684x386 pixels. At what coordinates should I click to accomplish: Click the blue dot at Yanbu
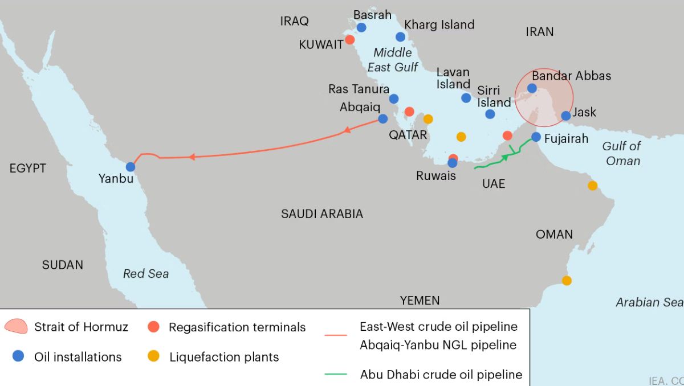(x=131, y=167)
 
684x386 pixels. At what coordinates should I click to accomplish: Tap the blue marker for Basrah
(x=361, y=27)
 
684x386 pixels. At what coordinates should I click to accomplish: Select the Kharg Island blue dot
(x=400, y=37)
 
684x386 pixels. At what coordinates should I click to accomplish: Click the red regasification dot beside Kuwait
(x=350, y=40)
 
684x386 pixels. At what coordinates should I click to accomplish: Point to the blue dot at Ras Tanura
(x=394, y=99)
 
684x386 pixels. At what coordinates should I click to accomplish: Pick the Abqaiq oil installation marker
(x=382, y=119)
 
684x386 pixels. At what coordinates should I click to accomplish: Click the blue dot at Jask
(x=565, y=116)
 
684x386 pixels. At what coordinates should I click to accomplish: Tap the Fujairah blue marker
(x=536, y=137)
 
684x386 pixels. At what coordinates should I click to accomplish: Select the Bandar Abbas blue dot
(x=532, y=88)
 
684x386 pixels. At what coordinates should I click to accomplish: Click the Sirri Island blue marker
(x=490, y=114)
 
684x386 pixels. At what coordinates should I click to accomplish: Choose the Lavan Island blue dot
(x=466, y=98)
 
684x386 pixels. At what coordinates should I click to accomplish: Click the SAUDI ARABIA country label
(x=321, y=214)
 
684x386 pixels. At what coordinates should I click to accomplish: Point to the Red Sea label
(x=146, y=274)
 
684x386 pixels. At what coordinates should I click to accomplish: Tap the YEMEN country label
(x=420, y=300)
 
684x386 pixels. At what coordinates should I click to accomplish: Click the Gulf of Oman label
(x=622, y=153)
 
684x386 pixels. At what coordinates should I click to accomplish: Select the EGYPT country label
(x=27, y=169)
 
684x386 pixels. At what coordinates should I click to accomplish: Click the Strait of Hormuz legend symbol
(x=16, y=326)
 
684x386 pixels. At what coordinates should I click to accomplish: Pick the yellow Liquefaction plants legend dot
(x=153, y=357)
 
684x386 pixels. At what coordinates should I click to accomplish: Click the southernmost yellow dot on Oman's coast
(x=566, y=281)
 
